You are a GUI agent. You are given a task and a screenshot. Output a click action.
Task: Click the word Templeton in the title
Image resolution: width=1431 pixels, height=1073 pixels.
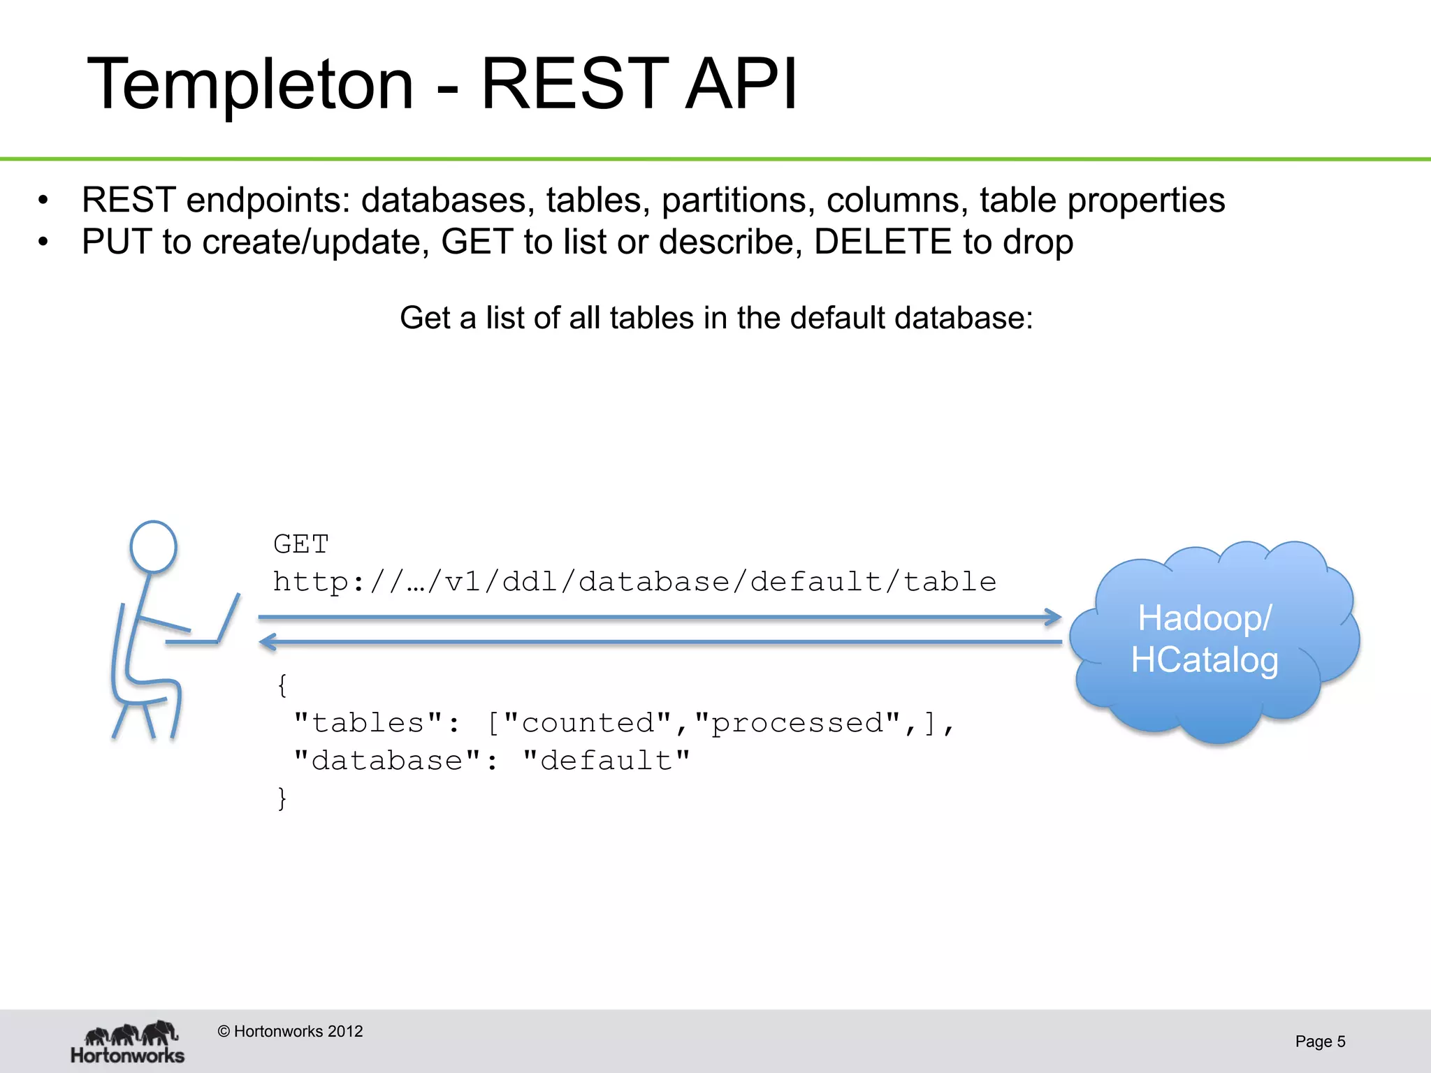250,85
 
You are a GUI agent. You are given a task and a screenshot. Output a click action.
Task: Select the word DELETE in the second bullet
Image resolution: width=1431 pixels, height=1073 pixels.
882,242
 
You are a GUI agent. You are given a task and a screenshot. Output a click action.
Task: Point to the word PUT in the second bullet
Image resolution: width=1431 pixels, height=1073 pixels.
117,242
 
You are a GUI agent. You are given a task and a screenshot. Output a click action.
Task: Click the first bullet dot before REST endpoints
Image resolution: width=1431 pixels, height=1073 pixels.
43,201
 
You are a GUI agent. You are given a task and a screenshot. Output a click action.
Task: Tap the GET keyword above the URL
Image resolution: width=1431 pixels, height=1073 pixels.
300,544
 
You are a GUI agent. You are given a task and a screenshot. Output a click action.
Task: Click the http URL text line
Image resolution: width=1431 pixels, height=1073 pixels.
634,582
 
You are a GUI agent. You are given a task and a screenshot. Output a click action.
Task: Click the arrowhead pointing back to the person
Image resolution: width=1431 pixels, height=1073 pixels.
268,641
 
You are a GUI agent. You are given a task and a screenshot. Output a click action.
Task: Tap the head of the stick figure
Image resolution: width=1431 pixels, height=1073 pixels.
153,547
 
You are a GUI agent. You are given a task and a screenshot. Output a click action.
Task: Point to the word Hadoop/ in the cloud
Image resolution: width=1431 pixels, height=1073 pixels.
1205,618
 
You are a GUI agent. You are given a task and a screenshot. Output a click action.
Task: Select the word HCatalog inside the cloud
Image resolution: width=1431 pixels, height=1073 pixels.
1205,660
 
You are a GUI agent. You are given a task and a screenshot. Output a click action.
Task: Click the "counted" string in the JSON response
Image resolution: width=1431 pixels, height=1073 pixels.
587,723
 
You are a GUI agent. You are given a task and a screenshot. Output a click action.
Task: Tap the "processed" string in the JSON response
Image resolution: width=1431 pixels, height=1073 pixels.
797,723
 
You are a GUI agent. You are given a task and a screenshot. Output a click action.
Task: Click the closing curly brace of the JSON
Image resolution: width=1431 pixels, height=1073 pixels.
282,798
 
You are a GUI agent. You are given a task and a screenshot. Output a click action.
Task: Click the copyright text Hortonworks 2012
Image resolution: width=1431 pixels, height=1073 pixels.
290,1031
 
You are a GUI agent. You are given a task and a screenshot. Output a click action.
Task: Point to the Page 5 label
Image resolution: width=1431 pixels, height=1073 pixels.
1320,1042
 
